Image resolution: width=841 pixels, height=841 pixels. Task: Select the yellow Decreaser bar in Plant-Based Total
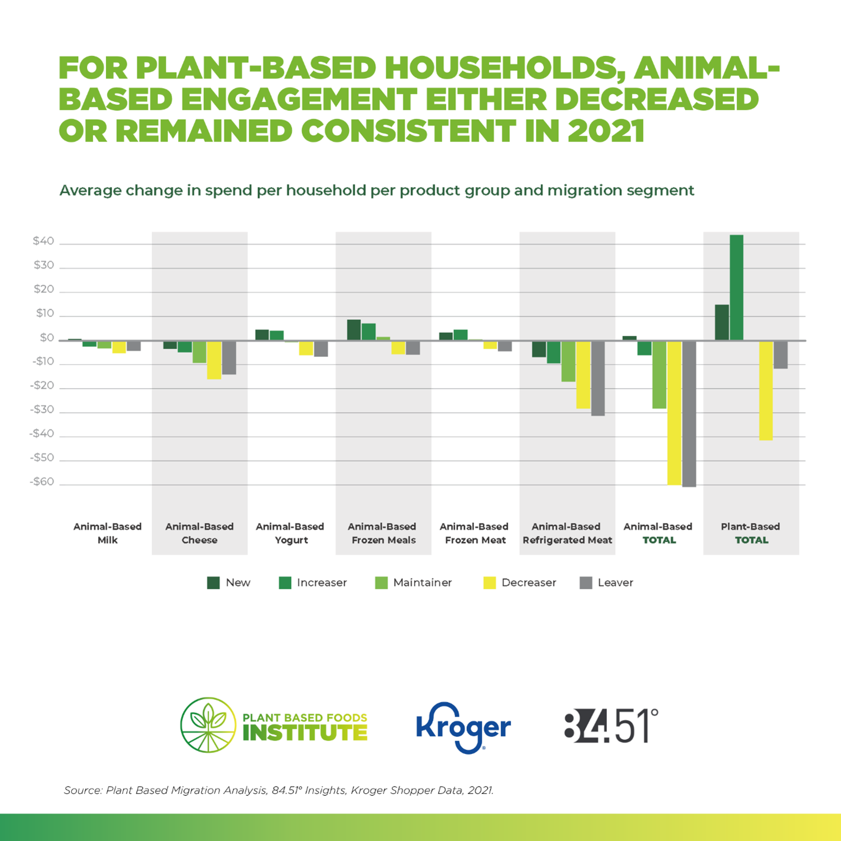point(766,391)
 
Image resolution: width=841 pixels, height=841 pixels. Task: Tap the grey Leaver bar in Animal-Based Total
point(689,414)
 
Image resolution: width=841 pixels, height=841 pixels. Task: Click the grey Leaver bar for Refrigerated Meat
point(598,378)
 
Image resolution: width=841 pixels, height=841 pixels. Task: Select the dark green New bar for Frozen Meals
point(353,330)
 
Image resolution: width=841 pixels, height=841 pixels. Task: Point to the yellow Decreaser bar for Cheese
point(214,360)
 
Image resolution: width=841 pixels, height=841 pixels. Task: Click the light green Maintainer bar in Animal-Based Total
point(659,375)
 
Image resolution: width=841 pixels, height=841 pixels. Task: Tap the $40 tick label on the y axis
point(44,241)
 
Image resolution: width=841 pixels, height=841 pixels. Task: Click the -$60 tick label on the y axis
point(42,482)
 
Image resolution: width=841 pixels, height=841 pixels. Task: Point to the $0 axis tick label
point(46,338)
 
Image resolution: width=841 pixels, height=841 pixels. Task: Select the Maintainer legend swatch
point(382,583)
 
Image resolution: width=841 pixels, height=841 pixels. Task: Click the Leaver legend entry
point(606,583)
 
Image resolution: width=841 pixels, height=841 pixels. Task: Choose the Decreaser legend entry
point(520,583)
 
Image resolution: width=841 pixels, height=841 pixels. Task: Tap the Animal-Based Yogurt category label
point(290,533)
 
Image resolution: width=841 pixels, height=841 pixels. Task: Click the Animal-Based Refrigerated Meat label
point(567,533)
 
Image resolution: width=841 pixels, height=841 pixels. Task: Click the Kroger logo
point(463,727)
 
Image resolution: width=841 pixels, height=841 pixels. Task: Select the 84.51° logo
point(611,726)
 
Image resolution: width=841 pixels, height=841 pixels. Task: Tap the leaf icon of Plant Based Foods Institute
point(209,725)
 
